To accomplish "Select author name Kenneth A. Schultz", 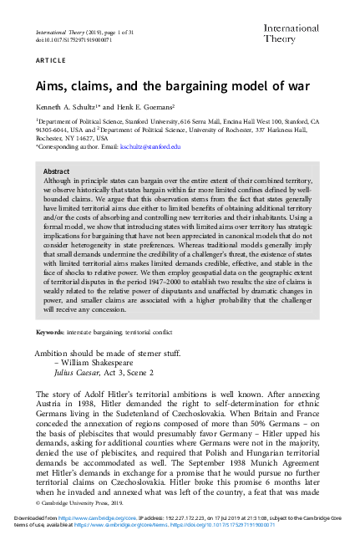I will coord(68,109).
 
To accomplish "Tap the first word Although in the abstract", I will coord(59,181).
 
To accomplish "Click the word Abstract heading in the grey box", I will coord(57,171).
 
